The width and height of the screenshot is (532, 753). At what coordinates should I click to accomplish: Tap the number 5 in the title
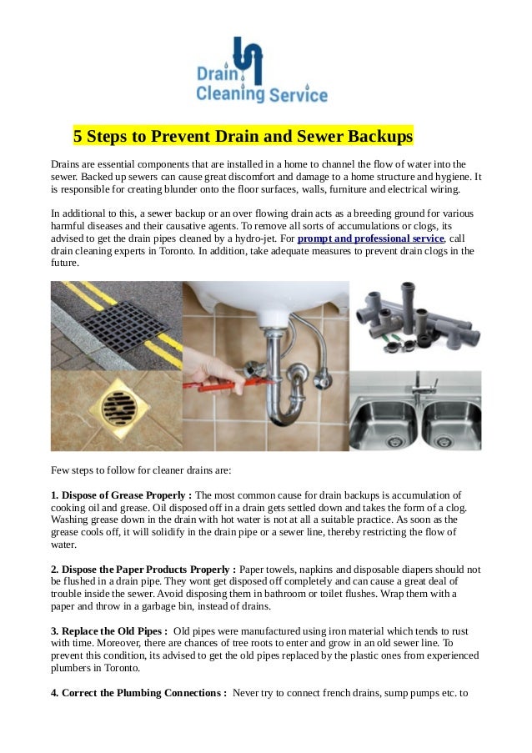78,135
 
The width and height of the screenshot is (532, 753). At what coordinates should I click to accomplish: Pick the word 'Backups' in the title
381,135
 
